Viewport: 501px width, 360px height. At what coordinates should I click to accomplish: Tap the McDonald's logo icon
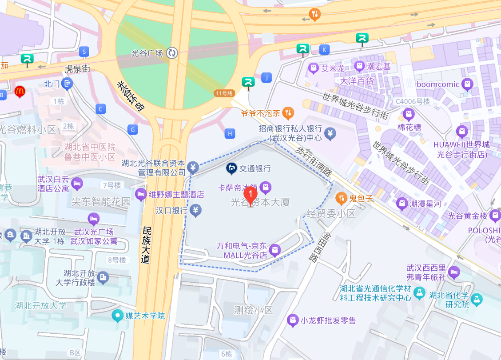click(x=20, y=92)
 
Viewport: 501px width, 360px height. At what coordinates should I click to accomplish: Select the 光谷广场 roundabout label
click(x=147, y=53)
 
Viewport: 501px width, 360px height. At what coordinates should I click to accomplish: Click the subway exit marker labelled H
click(x=230, y=133)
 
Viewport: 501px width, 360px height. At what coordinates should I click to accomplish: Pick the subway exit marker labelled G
click(x=132, y=130)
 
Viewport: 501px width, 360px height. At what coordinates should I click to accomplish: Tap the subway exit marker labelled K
click(x=325, y=49)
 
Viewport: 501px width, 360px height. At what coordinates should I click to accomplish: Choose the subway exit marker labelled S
click(x=83, y=52)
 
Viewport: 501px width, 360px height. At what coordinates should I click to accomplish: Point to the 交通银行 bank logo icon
click(x=231, y=168)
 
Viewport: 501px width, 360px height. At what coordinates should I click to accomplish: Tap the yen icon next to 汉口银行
click(x=195, y=210)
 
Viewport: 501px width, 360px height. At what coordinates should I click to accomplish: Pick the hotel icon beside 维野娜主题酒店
click(x=141, y=194)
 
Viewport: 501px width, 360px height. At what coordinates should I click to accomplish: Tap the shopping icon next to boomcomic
click(x=467, y=84)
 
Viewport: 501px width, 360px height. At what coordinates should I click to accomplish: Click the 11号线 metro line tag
click(x=224, y=93)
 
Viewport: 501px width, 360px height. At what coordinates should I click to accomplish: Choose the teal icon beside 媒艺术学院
click(x=117, y=316)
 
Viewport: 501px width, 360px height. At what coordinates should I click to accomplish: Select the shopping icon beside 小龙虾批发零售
click(x=292, y=320)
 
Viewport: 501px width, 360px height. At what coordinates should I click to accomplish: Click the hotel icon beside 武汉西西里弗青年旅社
click(x=454, y=272)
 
